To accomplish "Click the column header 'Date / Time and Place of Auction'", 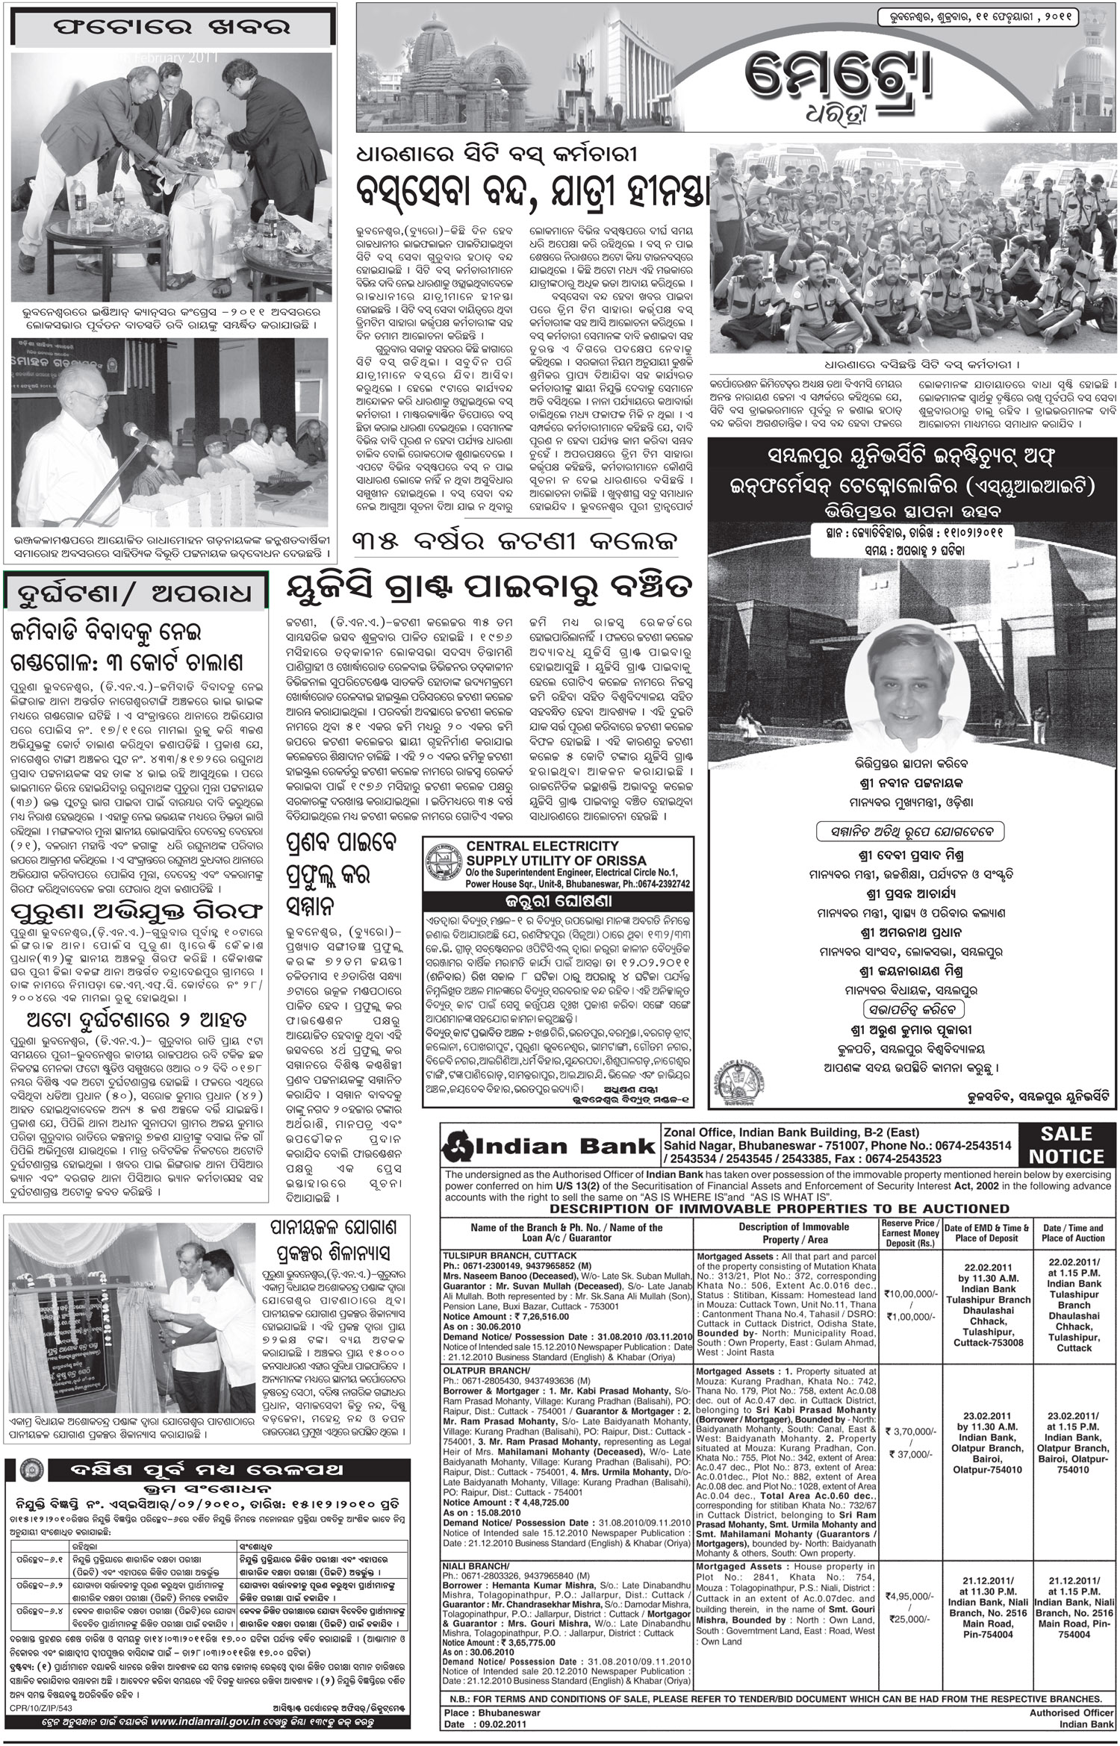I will point(1073,1232).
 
